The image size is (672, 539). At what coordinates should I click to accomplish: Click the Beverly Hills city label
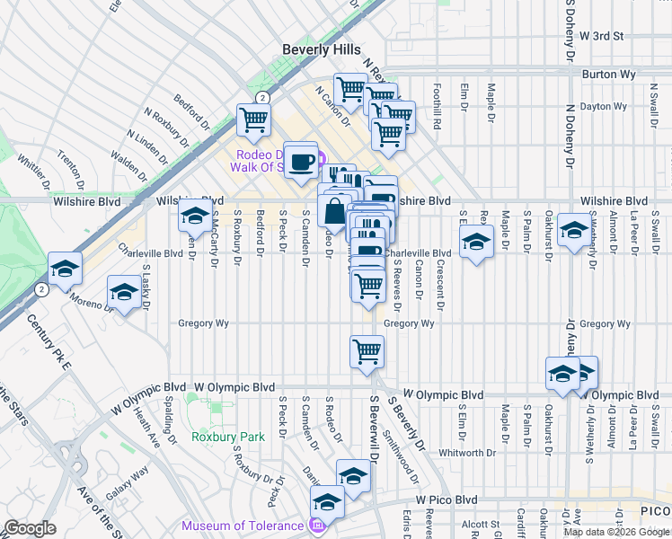322,50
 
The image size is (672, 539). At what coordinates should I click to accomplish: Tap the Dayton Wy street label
602,106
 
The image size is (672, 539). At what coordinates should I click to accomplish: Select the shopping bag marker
333,212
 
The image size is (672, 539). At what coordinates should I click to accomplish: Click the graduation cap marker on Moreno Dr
124,293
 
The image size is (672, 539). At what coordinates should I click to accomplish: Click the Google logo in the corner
30,528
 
